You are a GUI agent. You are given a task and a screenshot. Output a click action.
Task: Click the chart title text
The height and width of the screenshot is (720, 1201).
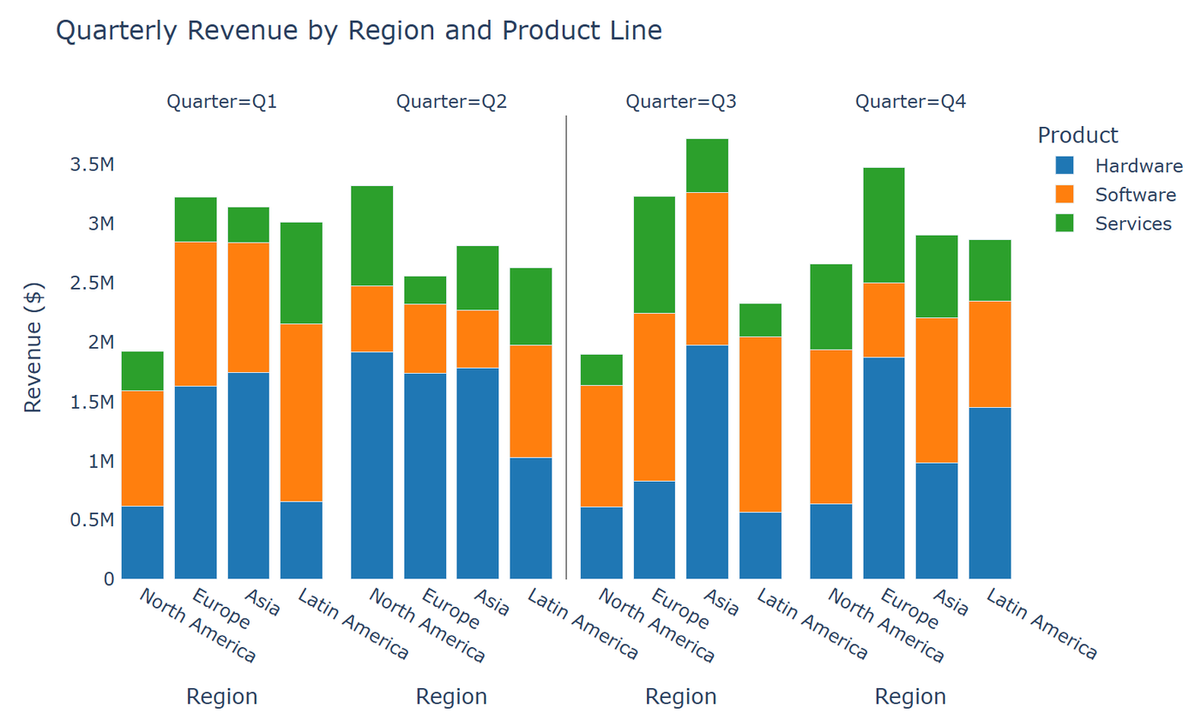[x=359, y=31]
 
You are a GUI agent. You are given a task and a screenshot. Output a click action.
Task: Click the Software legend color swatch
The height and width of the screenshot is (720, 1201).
[x=1065, y=195]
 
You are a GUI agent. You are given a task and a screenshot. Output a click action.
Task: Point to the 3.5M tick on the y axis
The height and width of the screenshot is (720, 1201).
[x=90, y=165]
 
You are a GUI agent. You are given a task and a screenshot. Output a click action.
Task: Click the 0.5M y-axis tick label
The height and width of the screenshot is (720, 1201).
[x=90, y=520]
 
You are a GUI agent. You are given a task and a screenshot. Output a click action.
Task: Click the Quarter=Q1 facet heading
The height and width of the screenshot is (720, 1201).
[x=221, y=102]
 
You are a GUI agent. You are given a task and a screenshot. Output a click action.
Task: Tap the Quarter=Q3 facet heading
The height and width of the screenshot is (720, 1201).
[x=681, y=102]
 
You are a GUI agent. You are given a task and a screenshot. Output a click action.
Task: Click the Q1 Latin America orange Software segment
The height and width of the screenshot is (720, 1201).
[x=301, y=412]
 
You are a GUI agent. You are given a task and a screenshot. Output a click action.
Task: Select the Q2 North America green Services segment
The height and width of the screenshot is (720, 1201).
[x=371, y=236]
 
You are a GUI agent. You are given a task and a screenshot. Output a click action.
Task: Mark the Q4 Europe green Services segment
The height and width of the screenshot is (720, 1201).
[x=884, y=225]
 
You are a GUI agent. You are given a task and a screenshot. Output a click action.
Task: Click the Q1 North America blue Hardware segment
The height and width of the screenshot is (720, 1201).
[x=142, y=542]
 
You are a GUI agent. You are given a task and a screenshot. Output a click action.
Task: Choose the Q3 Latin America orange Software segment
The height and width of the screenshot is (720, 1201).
[x=760, y=424]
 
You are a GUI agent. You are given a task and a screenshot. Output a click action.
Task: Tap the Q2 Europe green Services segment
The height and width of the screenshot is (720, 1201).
[x=425, y=290]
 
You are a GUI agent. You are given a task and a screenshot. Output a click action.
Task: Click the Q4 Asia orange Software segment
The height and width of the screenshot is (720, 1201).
[x=937, y=390]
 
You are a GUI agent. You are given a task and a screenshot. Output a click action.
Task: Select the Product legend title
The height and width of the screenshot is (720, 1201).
[x=1077, y=135]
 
